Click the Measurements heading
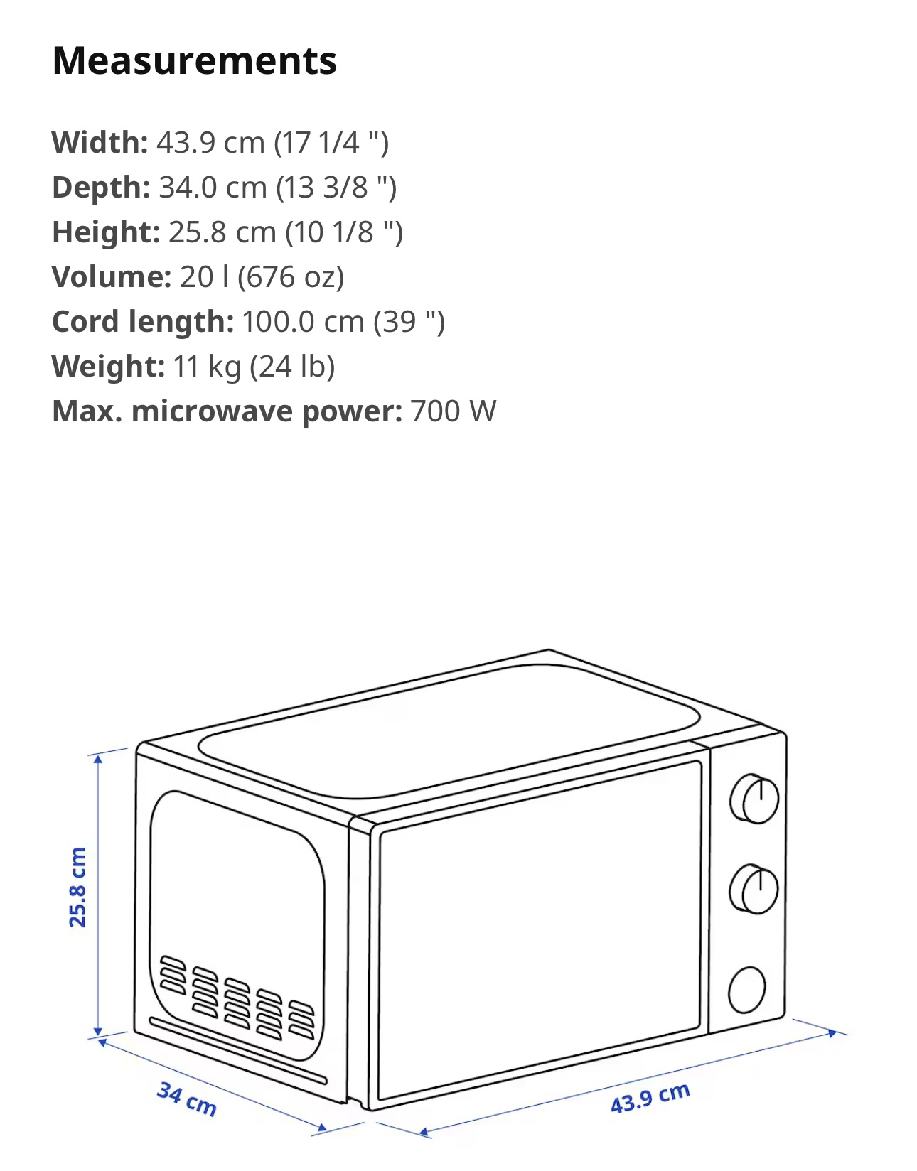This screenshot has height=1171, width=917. (x=194, y=61)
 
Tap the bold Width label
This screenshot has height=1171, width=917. (x=100, y=142)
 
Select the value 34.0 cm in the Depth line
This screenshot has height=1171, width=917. (x=213, y=187)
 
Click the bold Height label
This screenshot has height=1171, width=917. (x=106, y=232)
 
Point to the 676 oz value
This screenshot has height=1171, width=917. (x=291, y=277)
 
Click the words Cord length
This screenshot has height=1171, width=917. (x=142, y=322)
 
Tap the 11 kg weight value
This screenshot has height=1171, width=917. (x=206, y=367)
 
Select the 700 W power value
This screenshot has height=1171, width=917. (x=453, y=411)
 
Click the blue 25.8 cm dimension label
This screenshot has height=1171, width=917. (x=77, y=887)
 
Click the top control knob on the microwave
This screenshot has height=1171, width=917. (x=754, y=799)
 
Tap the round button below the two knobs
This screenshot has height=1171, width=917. (x=746, y=990)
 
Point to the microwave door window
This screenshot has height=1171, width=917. (x=540, y=929)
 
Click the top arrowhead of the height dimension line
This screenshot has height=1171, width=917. (x=97, y=760)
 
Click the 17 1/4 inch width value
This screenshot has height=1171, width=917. (x=331, y=144)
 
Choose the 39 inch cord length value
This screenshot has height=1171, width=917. (x=409, y=323)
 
